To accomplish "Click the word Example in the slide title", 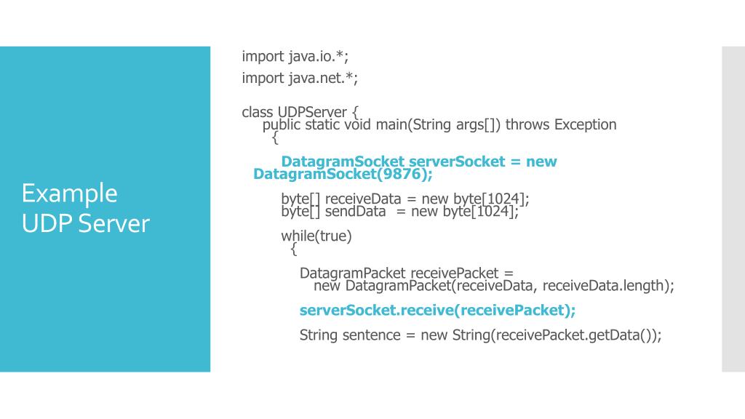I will click(x=69, y=193).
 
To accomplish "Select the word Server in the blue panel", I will click(x=113, y=223).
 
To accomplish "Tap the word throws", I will click(x=527, y=124).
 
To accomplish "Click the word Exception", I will click(x=585, y=124).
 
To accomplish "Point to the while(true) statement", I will click(x=316, y=236).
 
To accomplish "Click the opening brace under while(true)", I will click(x=293, y=250).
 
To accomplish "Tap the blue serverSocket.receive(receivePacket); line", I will click(x=437, y=311).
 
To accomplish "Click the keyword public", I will click(x=282, y=124).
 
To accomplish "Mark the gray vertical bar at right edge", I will click(x=733, y=209).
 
